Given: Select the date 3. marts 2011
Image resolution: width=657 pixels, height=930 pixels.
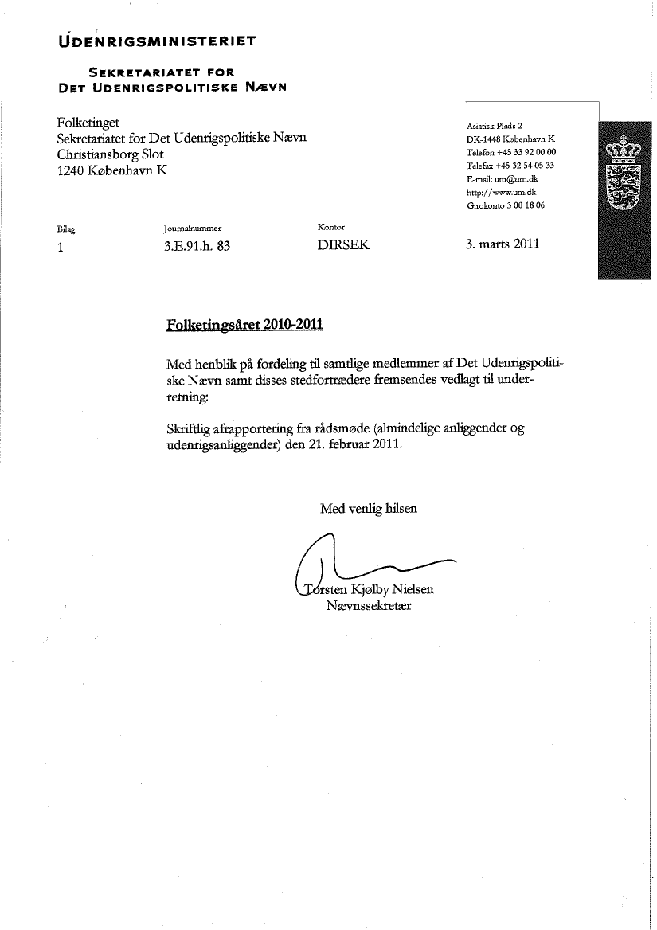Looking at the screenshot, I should pos(503,244).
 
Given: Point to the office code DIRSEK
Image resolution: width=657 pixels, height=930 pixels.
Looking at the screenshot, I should pos(343,245).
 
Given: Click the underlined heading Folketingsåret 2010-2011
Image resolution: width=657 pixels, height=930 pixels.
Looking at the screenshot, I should pos(245,325).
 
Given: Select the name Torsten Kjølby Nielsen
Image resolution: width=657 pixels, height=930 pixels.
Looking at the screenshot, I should pos(368,590).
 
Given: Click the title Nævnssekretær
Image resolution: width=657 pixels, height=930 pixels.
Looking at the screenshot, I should pos(368,606).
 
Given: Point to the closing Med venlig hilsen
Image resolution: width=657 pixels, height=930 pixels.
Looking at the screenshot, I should pos(368,508).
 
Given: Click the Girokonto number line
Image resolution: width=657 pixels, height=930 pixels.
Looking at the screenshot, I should pos(506,205).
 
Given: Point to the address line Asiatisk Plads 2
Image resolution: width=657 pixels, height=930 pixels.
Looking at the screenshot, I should pos(495,126).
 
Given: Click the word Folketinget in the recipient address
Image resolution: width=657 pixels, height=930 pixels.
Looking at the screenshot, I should pos(88,123).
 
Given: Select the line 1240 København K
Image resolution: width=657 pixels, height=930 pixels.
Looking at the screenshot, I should pos(113,170).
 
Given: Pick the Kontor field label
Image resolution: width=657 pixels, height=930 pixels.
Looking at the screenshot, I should pos(330,228).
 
